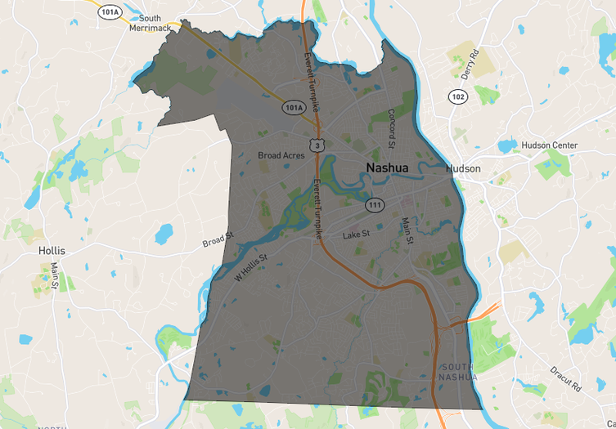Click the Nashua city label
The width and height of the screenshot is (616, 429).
[x=387, y=168]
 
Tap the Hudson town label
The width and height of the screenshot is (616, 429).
[x=463, y=169]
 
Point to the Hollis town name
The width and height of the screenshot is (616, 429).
[x=52, y=251]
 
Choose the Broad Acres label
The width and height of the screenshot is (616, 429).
[x=281, y=155]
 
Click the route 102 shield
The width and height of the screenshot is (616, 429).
[x=458, y=97]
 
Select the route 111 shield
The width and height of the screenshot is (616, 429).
[x=375, y=205]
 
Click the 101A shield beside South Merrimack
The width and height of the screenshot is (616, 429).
[x=109, y=11]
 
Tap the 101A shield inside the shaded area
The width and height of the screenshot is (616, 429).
[x=294, y=107]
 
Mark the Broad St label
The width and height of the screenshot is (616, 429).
[x=218, y=240]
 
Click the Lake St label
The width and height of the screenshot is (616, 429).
[x=356, y=235]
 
